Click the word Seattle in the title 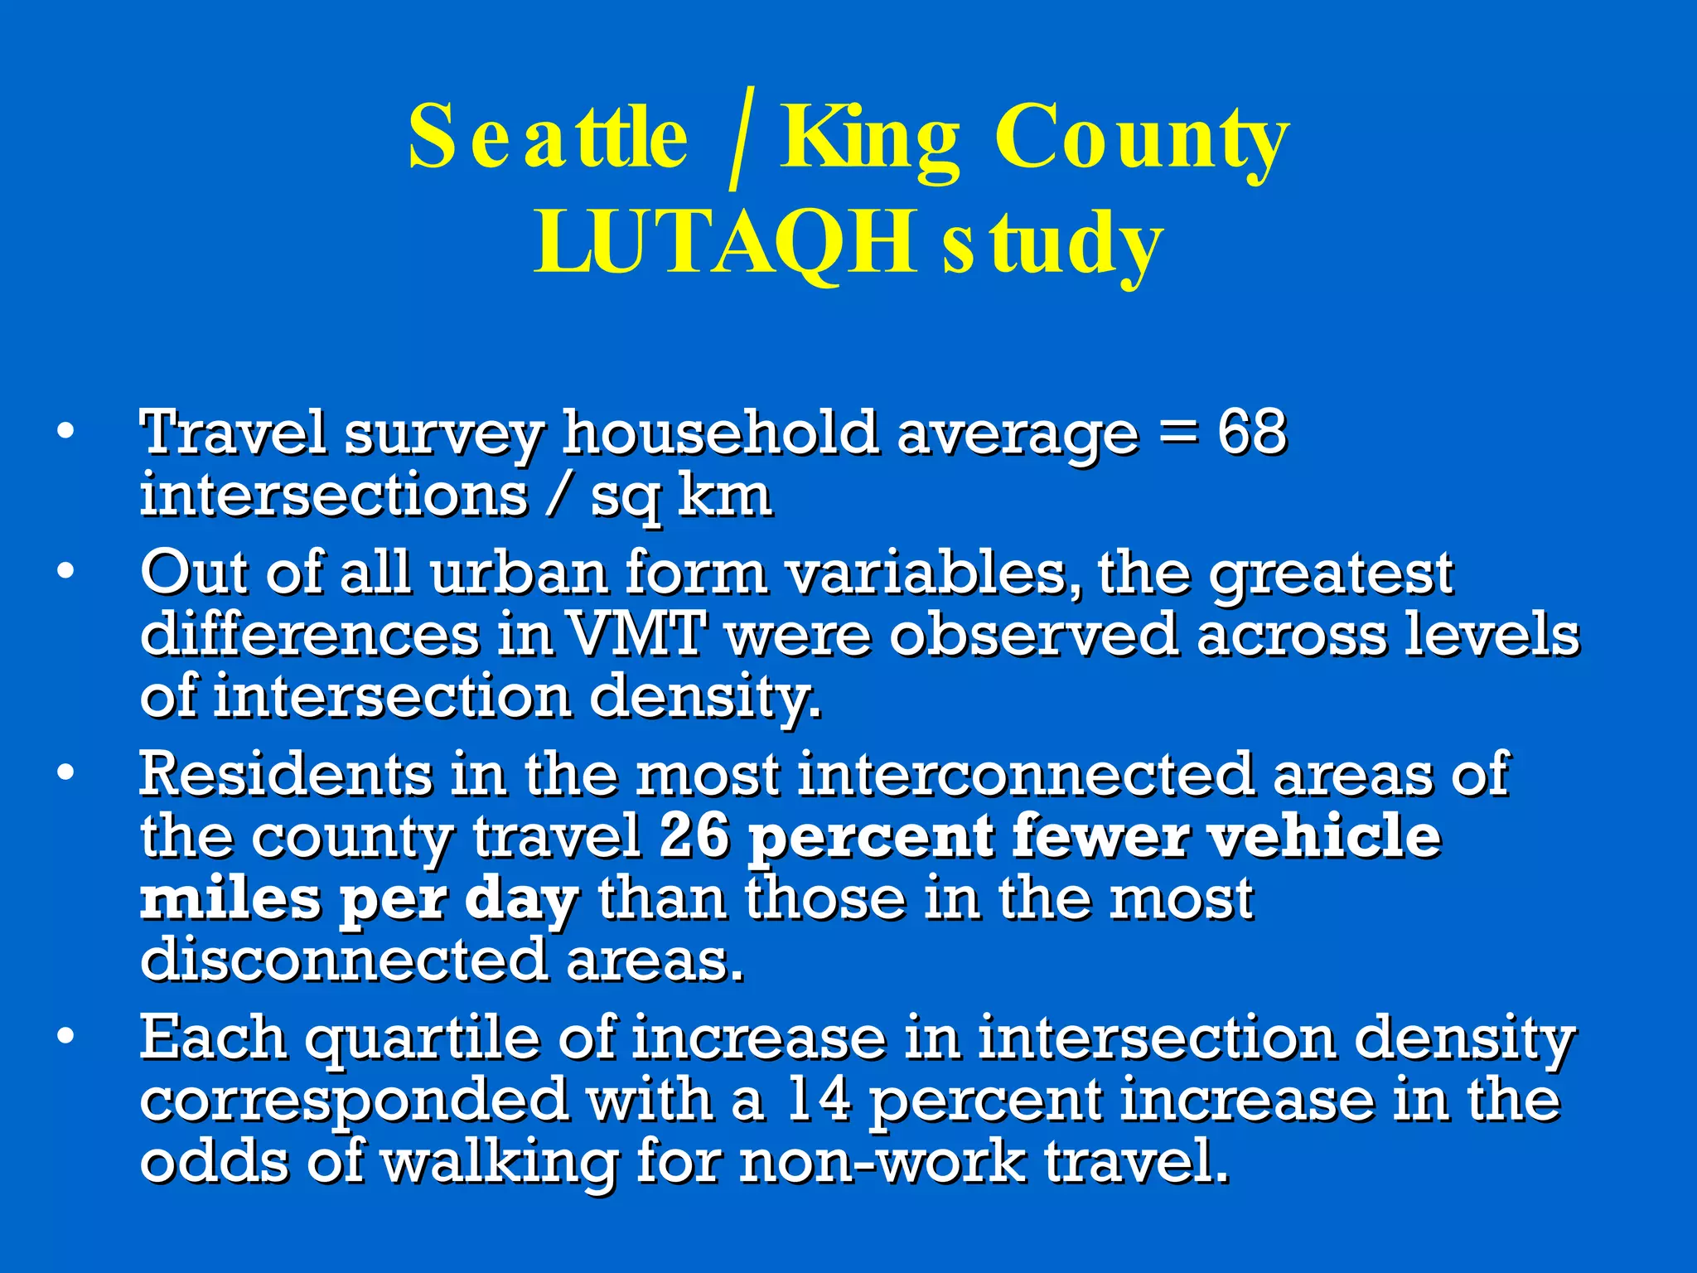[548, 138]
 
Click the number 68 [1251, 433]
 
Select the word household [720, 433]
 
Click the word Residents [286, 774]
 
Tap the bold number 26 [694, 835]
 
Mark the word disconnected [344, 960]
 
